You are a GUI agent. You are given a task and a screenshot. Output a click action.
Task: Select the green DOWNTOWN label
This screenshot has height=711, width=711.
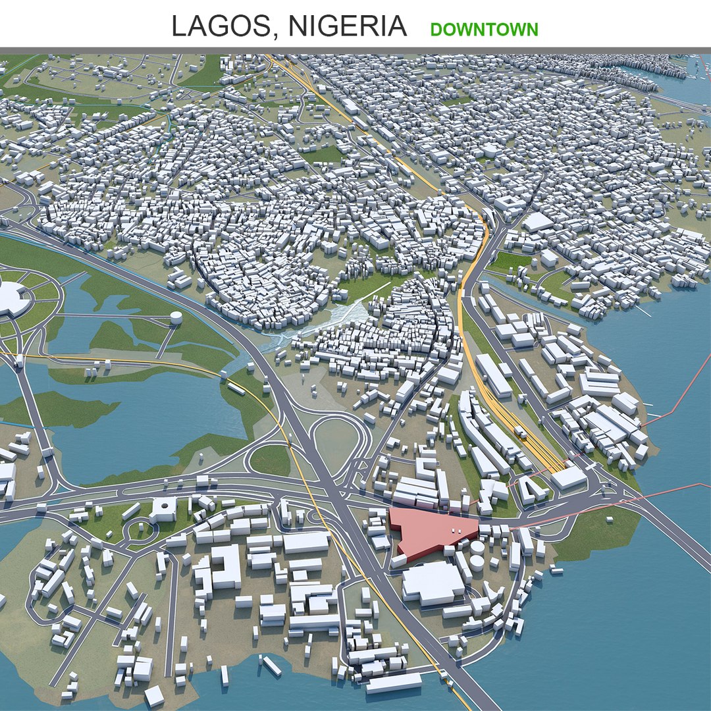click(x=484, y=29)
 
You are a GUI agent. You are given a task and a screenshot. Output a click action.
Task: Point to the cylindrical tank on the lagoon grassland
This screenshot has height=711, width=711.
click(x=176, y=318)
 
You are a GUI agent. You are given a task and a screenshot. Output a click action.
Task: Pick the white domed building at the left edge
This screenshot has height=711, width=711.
click(x=12, y=298)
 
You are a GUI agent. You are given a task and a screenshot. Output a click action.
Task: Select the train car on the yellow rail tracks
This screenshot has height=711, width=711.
click(x=520, y=432)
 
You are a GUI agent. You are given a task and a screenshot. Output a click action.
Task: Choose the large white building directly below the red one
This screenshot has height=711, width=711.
click(x=433, y=583)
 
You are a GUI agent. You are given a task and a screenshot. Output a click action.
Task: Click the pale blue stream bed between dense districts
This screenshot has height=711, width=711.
click(x=316, y=323)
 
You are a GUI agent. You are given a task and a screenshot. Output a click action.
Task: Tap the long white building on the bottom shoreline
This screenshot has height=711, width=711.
click(x=394, y=682)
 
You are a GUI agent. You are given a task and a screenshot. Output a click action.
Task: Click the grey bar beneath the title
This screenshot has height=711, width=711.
click(x=355, y=50)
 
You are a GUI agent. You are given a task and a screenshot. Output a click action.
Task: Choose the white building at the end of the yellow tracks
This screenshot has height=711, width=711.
click(x=568, y=478)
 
